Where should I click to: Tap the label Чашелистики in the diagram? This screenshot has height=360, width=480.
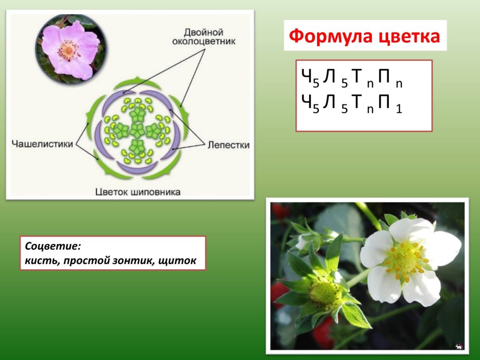42,144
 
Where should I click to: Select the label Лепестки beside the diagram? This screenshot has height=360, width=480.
228,144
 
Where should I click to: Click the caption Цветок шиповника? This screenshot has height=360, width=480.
138,191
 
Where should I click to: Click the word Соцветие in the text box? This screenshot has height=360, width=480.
53,246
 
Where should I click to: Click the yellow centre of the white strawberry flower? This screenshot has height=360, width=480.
406,259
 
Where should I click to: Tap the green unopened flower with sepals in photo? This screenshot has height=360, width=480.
323,293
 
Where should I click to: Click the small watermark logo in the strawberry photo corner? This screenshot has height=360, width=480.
458,346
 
